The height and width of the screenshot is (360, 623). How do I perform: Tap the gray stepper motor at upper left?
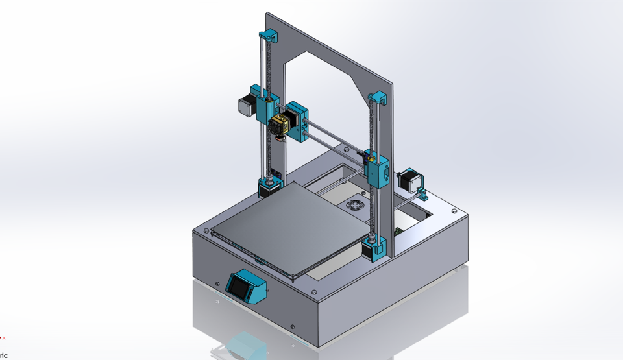click(x=247, y=106)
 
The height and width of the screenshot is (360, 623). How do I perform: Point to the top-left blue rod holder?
click(x=268, y=36)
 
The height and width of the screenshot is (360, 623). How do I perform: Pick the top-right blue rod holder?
click(x=378, y=99)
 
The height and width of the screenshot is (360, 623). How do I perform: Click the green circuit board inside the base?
click(x=399, y=232)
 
